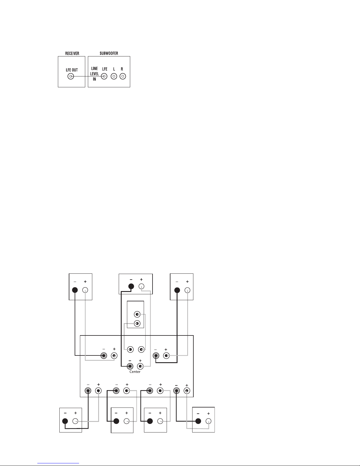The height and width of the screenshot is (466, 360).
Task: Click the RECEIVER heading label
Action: click(x=72, y=54)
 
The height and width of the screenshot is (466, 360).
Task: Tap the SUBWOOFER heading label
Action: click(x=109, y=53)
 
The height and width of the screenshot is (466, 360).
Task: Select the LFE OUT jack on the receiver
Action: click(x=71, y=76)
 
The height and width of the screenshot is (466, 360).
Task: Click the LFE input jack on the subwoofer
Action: click(x=104, y=76)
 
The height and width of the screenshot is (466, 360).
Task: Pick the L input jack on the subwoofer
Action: click(x=114, y=76)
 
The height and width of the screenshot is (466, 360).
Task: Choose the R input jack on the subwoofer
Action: click(x=123, y=76)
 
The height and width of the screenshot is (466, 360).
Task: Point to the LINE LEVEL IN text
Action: click(x=95, y=74)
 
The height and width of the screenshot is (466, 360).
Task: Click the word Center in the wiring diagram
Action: click(x=135, y=372)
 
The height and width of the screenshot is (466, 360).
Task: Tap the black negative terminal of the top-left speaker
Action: click(x=75, y=290)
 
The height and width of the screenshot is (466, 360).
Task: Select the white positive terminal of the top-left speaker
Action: click(x=85, y=290)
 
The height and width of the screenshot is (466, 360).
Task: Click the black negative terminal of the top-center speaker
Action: click(x=131, y=286)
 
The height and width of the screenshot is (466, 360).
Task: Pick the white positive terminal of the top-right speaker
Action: click(x=187, y=290)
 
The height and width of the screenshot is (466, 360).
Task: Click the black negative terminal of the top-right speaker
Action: click(x=177, y=290)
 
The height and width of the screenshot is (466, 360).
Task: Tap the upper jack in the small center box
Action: click(x=137, y=314)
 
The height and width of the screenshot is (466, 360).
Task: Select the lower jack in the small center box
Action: click(x=137, y=323)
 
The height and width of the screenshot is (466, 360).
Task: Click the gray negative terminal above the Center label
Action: click(x=130, y=366)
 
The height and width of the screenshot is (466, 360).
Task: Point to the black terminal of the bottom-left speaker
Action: click(x=65, y=421)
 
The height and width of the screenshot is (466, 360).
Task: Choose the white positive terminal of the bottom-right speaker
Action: click(x=208, y=421)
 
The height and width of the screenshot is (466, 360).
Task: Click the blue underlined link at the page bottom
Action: click(x=58, y=463)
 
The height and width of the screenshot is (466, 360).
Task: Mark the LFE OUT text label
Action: click(x=72, y=70)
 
